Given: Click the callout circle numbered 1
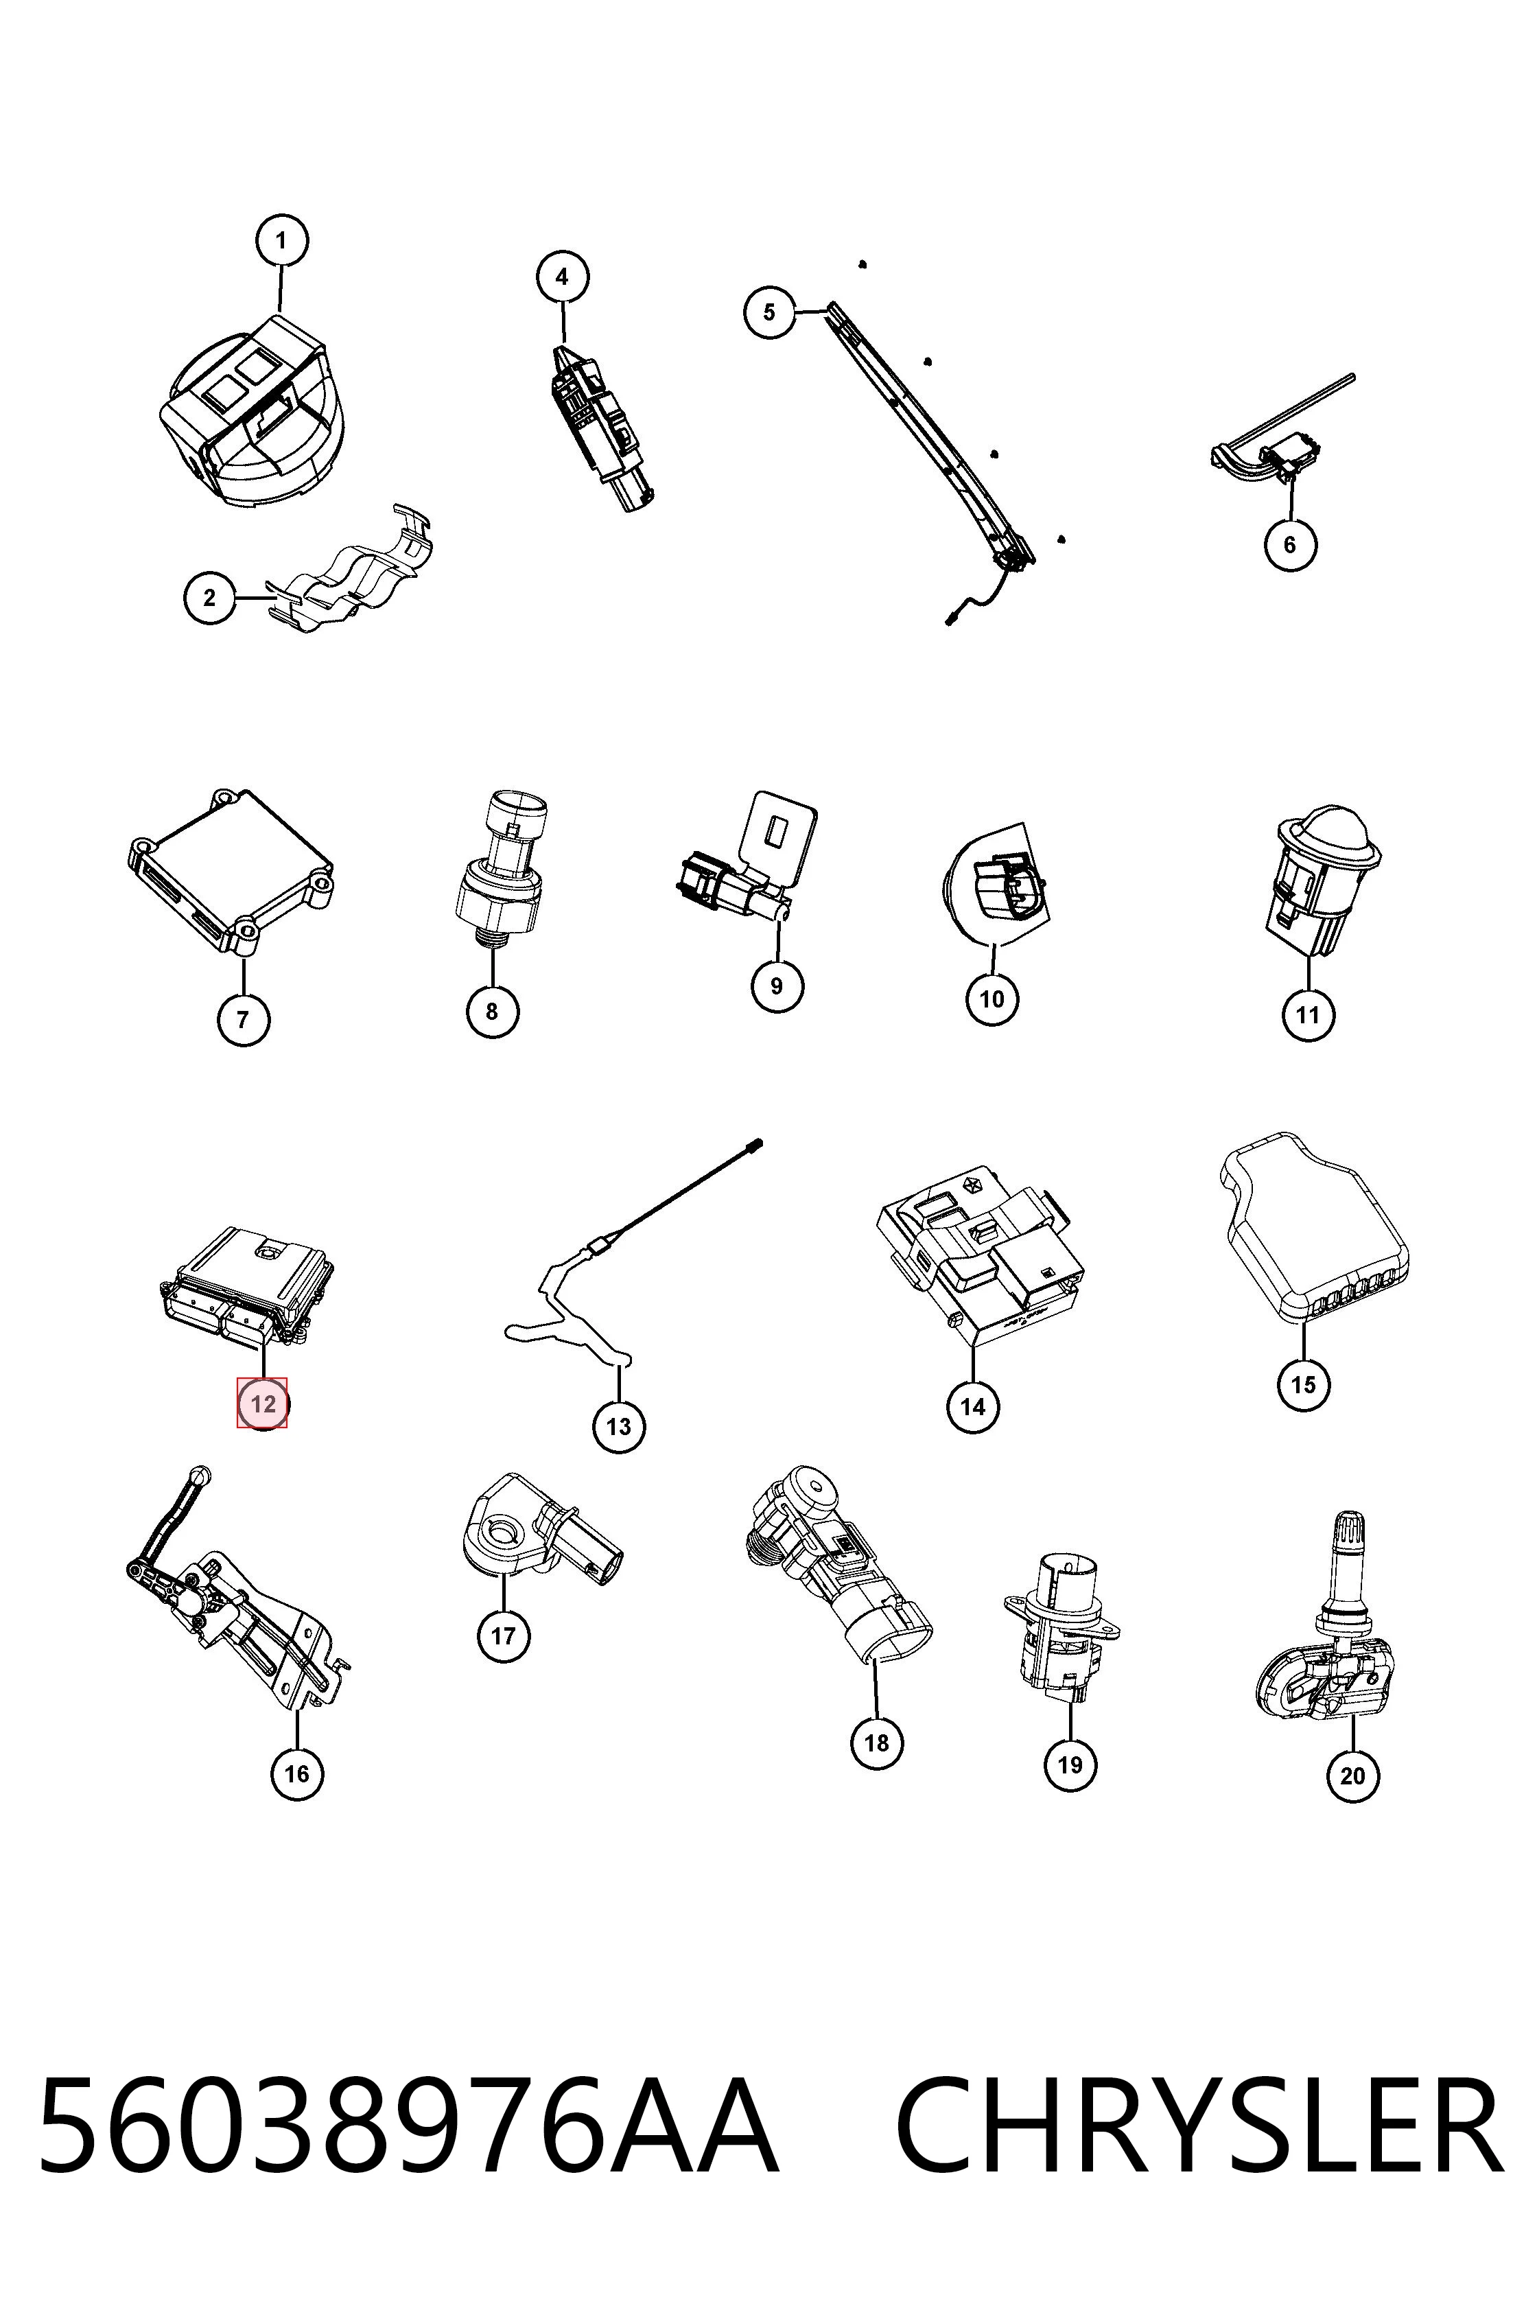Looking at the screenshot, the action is pos(281,240).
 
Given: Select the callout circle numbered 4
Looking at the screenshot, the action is pos(563,277).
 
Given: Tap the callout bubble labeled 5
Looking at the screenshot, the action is pos(769,312).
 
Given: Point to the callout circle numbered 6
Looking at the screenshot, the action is pos(1290,544).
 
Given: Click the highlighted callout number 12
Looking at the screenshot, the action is pos(263,1404).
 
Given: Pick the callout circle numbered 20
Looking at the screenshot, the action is pos(1352,1775).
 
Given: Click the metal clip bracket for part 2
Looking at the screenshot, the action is pos(353,574).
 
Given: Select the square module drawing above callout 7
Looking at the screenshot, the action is pos(231,872).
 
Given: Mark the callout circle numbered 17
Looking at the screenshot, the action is pos(504,1635).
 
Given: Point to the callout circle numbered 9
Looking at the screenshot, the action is pos(777,986).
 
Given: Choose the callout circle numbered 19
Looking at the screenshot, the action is pos(1070,1765).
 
